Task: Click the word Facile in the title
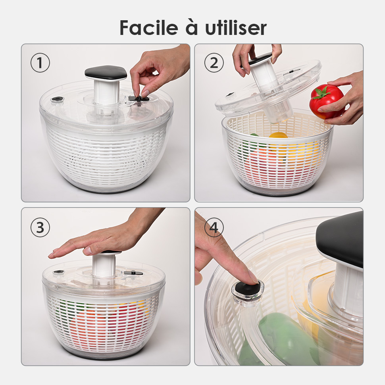pyautogui.click(x=149, y=28)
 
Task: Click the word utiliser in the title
pyautogui.click(x=236, y=28)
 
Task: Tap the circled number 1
pyautogui.click(x=40, y=63)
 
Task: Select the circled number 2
pyautogui.click(x=214, y=63)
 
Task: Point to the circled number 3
pyautogui.click(x=40, y=227)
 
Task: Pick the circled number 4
pyautogui.click(x=214, y=227)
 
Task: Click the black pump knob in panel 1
pyautogui.click(x=106, y=72)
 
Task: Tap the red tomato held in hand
pyautogui.click(x=327, y=101)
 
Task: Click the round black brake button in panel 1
pyautogui.click(x=57, y=99)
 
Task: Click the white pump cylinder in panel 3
pyautogui.click(x=104, y=266)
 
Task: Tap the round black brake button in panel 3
pyautogui.click(x=58, y=271)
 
